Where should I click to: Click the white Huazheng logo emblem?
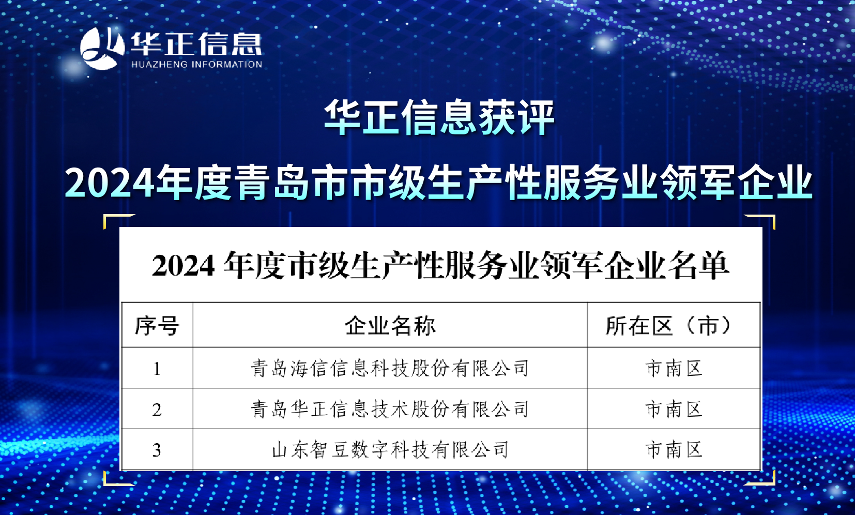tap(102, 49)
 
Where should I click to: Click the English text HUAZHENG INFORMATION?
tap(196, 64)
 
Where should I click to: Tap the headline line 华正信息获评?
tap(439, 117)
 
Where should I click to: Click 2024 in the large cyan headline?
tap(110, 183)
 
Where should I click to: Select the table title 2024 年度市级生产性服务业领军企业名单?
tap(441, 265)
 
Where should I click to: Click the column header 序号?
tap(157, 326)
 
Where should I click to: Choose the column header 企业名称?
tap(390, 326)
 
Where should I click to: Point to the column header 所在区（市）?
tap(669, 326)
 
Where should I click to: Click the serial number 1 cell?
tap(157, 369)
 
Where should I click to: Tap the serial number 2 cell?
tap(157, 410)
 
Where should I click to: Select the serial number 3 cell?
tap(157, 450)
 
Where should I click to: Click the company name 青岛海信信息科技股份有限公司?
tap(390, 368)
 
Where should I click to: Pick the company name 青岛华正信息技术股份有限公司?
tap(390, 409)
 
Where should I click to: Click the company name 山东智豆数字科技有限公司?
tap(390, 450)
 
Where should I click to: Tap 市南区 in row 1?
tap(674, 368)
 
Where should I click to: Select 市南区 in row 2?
tap(674, 409)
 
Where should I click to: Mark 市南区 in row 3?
tap(674, 450)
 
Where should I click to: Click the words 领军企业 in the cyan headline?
tap(737, 183)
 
